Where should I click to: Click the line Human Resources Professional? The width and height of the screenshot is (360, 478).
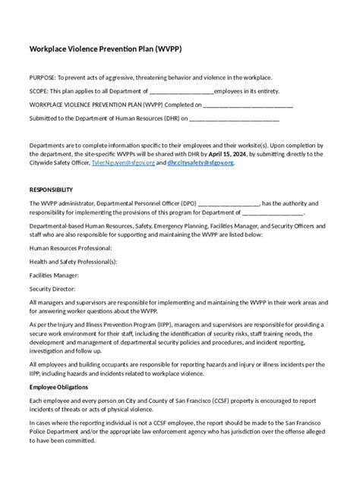click(x=71, y=248)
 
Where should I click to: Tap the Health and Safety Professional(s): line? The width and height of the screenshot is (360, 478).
click(x=73, y=261)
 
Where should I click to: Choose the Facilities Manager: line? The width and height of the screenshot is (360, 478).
click(x=54, y=275)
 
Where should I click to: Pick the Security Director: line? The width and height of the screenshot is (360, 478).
click(x=52, y=288)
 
